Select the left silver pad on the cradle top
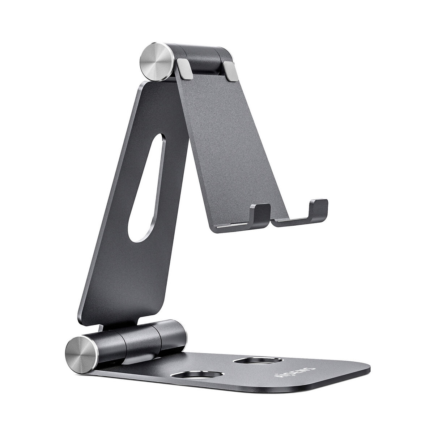coord(184,69)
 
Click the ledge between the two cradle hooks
coord(289,220)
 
